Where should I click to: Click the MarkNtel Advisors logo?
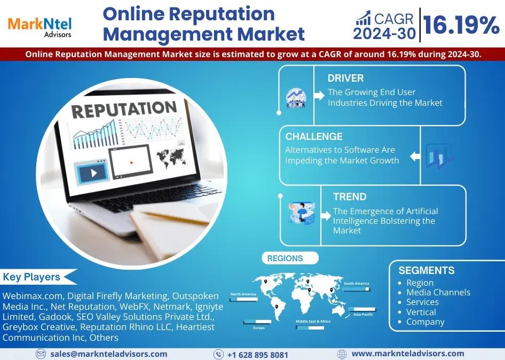click(40, 28)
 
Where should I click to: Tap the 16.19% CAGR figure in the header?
click(461, 25)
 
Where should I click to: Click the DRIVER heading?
click(345, 78)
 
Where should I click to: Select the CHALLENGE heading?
click(314, 136)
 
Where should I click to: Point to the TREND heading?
click(350, 197)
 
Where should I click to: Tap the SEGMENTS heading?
click(427, 270)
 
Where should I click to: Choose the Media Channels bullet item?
click(438, 292)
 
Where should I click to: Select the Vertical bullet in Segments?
click(421, 312)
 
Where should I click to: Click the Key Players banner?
click(36, 277)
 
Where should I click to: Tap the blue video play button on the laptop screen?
click(92, 173)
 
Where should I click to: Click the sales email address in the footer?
click(108, 354)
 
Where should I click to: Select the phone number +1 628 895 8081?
click(258, 355)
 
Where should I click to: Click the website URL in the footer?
click(408, 354)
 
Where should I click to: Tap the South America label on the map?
click(356, 283)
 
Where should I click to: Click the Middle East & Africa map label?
click(313, 322)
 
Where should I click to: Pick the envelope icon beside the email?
click(41, 354)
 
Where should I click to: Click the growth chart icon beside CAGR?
click(363, 18)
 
